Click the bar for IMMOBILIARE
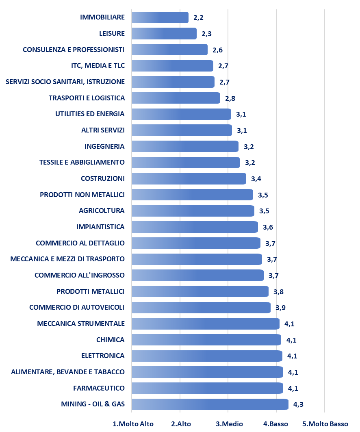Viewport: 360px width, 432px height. point(160,17)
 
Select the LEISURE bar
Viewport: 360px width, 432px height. point(164,34)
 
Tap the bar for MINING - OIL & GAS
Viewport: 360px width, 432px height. point(210,404)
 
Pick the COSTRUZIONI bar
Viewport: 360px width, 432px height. point(189,179)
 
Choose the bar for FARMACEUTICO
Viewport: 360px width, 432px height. point(207,388)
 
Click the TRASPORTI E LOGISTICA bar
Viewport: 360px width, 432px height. point(176,98)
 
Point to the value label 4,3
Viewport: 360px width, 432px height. point(299,405)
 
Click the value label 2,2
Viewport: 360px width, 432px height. point(199,18)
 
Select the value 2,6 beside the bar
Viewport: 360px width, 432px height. point(218,50)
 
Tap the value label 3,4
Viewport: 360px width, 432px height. point(256,179)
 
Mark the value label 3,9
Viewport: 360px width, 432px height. point(281,308)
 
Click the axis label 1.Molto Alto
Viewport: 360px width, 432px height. point(133,424)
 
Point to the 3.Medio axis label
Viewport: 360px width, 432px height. point(229,424)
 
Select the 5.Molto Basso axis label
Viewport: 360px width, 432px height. point(325,424)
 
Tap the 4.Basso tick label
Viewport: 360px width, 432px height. point(276,424)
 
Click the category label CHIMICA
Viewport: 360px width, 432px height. point(110,340)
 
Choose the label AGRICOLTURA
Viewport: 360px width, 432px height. point(102,211)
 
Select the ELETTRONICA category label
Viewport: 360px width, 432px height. point(103,356)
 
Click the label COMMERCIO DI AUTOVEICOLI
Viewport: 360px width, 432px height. point(77,307)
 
